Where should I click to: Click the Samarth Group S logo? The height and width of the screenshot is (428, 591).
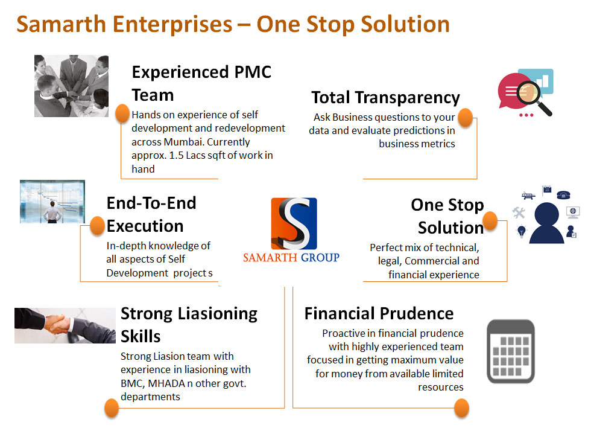(294, 223)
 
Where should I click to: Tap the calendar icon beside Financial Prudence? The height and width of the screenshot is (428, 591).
(511, 351)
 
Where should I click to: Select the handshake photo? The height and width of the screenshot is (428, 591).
(65, 325)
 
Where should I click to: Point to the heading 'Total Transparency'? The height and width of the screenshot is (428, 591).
(385, 97)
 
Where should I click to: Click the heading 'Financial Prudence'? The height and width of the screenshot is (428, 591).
(379, 313)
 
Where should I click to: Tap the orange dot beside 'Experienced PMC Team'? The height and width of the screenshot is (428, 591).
(122, 113)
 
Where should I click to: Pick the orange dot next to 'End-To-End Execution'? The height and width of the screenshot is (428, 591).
(97, 226)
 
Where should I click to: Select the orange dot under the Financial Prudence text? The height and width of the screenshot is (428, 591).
(461, 408)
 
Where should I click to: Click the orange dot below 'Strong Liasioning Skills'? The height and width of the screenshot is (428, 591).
(111, 408)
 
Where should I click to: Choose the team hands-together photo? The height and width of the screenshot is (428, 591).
(71, 86)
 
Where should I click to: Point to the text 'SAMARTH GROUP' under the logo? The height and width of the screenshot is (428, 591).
(291, 257)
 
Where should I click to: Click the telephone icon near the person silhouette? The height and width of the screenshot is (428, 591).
(563, 195)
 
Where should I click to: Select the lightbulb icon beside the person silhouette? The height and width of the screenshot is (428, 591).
(521, 231)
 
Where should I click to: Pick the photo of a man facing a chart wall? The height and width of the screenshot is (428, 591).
(52, 202)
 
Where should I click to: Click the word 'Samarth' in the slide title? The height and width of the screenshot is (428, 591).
(61, 24)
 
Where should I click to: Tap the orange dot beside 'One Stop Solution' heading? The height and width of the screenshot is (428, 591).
(490, 221)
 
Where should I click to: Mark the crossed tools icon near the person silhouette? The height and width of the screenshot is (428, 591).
(519, 212)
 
